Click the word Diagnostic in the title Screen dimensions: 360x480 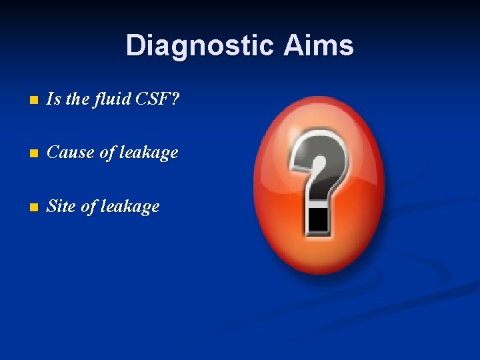(x=199, y=46)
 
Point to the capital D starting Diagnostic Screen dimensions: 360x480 (x=135, y=46)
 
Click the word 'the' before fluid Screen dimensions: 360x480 (x=77, y=99)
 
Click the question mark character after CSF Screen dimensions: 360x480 (x=175, y=99)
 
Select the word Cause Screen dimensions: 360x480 (x=71, y=153)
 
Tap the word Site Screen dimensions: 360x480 (x=61, y=207)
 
